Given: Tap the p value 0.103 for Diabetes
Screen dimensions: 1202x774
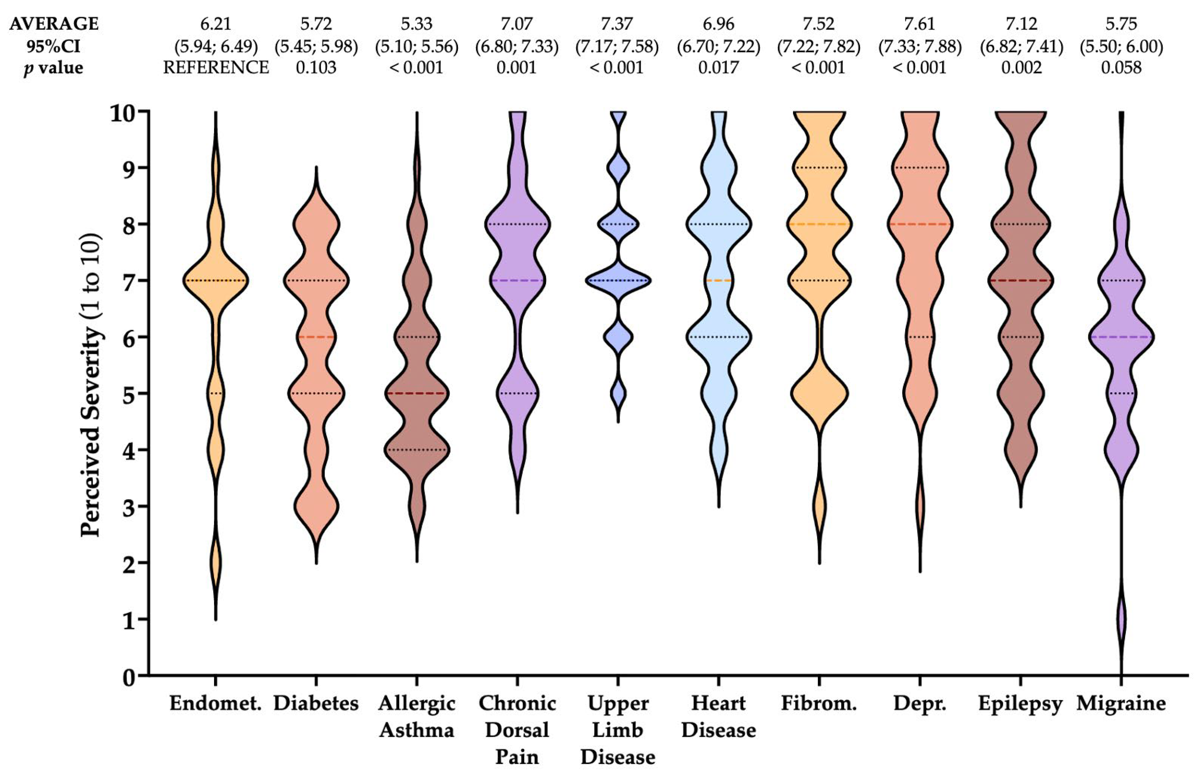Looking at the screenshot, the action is (x=316, y=67).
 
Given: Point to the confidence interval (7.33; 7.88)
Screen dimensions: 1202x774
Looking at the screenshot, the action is (x=920, y=46).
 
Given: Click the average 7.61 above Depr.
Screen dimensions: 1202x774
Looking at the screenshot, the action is (x=920, y=24).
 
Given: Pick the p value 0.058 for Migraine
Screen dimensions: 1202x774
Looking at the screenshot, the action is (x=1122, y=67).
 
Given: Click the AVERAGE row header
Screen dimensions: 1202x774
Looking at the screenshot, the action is (x=54, y=24).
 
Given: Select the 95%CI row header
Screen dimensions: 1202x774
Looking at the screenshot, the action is (x=53, y=46).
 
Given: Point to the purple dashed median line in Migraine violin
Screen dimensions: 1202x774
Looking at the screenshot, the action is (x=1122, y=337).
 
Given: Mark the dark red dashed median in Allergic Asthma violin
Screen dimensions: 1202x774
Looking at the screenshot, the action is (x=417, y=393).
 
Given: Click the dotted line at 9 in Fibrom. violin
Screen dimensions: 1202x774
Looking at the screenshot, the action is (x=819, y=167).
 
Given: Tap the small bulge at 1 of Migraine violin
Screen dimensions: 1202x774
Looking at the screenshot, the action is (x=1122, y=619).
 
